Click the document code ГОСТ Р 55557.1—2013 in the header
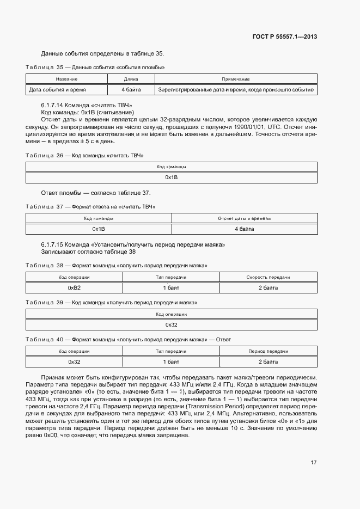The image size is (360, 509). pos(285,37)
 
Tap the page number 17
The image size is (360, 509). pos(313,463)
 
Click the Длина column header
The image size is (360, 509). pos(131,79)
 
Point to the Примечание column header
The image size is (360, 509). pos(235,79)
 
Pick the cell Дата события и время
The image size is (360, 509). pos(57,89)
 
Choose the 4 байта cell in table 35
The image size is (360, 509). pos(131,89)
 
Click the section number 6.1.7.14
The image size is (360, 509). pos(53,104)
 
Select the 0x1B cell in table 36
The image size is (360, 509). pos(172,177)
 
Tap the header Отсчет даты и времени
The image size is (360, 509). pos(244,218)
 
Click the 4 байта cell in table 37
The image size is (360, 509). pos(244,229)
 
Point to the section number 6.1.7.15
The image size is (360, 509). pos(53,245)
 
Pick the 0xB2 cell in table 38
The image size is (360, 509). pos(74,287)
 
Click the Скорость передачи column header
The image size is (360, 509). pos(268,277)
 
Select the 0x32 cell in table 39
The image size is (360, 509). pos(172,324)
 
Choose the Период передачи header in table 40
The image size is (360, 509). pos(268,351)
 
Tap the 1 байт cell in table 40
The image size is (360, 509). pos(171,361)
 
